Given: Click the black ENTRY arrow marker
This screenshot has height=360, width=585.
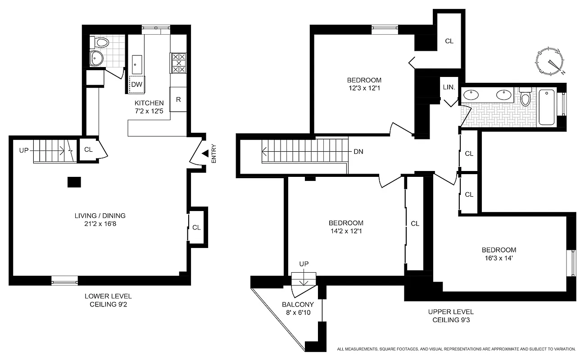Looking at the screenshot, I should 205,154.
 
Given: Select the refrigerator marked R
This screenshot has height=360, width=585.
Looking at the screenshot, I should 178,99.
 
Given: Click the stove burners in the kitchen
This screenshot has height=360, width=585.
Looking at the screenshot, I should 178,63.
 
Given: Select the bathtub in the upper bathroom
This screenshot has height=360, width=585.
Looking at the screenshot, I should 547,107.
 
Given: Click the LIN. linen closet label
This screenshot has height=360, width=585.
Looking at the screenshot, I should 449,88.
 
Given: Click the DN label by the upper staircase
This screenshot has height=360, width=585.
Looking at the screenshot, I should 358,152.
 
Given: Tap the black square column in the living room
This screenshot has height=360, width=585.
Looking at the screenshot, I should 74,182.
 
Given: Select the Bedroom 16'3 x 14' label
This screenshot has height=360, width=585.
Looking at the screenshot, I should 499,254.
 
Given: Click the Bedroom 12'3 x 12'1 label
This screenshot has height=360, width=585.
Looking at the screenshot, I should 364,84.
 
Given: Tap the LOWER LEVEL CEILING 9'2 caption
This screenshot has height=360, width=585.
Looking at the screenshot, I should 108,300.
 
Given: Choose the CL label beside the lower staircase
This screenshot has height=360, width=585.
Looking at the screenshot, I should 88,149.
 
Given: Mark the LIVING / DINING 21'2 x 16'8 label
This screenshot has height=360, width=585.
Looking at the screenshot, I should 100,220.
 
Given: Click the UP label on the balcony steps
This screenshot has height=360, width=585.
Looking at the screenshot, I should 304,264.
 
